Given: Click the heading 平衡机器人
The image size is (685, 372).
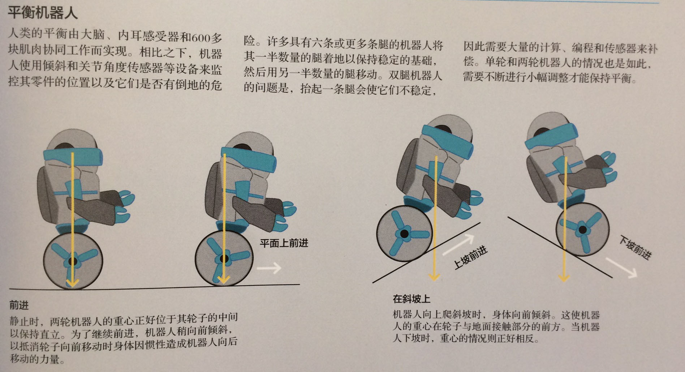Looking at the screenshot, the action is [x=43, y=13].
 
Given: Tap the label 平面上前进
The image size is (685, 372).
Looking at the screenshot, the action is [x=284, y=243].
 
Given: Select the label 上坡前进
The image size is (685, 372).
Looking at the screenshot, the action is [x=470, y=257].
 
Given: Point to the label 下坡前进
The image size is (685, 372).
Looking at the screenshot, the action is [x=635, y=248].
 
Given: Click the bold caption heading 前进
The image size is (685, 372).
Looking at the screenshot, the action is [x=19, y=305].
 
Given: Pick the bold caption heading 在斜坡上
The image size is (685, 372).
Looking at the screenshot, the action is [x=411, y=299].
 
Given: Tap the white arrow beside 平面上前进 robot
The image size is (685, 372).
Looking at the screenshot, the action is [x=269, y=268].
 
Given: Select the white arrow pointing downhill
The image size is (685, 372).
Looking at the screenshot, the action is [x=621, y=268].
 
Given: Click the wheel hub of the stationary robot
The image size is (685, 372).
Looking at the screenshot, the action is [x=73, y=261].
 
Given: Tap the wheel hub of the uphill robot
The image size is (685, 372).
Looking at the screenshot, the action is [x=404, y=234].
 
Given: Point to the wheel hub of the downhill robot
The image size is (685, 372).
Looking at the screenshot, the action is [x=582, y=229].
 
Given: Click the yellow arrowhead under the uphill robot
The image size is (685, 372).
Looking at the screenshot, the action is [x=434, y=277].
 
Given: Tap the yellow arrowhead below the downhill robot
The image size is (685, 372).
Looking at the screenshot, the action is [x=563, y=278].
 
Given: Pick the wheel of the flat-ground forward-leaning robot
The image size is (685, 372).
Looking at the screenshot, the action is [x=224, y=258].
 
